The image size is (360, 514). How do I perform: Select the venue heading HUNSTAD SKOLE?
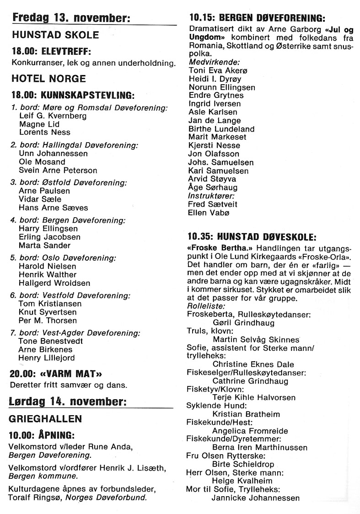pyautogui.click(x=55, y=35)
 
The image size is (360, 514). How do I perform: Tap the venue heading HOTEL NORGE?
pyautogui.click(x=48, y=79)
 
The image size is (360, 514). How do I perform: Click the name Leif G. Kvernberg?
pyautogui.click(x=53, y=116)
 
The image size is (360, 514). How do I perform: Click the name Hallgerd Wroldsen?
pyautogui.click(x=54, y=283)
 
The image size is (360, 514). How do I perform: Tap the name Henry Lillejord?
pyautogui.click(x=46, y=358)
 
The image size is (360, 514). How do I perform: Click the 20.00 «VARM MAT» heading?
pyautogui.click(x=55, y=373)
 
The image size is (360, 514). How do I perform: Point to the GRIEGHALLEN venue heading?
pyautogui.click(x=46, y=418)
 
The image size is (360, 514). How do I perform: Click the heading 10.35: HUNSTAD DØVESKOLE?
pyautogui.click(x=252, y=237)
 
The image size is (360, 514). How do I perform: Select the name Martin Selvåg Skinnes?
pyautogui.click(x=256, y=339)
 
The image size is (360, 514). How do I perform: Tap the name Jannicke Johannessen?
pyautogui.click(x=256, y=498)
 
